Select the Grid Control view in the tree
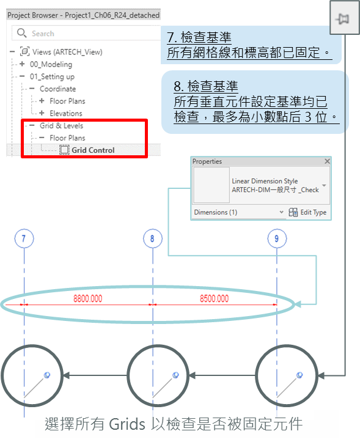point(93,150)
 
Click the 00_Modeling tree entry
point(51,64)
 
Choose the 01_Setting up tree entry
point(52,76)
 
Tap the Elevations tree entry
point(66,113)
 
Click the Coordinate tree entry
point(58,89)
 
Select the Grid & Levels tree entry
point(62,126)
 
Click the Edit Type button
point(307,212)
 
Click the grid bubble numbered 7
point(24,238)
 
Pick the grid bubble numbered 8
point(153,238)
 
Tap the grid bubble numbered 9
point(277,238)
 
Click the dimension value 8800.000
point(87,298)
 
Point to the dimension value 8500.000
point(215,298)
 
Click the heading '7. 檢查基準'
point(199,37)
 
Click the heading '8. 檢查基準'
point(206,86)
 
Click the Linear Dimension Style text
point(265,181)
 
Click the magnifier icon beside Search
point(22,33)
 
